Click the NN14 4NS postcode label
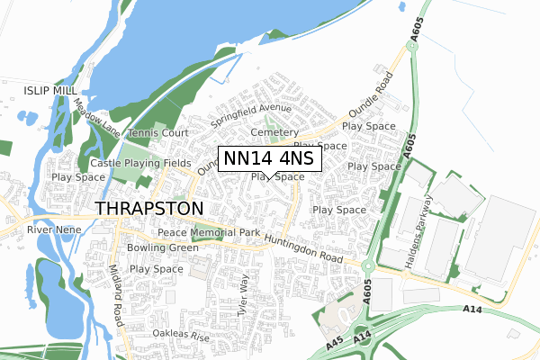269,158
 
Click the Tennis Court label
157,133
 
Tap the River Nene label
54,230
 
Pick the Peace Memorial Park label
208,232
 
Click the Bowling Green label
162,247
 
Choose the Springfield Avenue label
251,115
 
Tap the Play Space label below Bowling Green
157,268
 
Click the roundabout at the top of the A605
415,46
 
